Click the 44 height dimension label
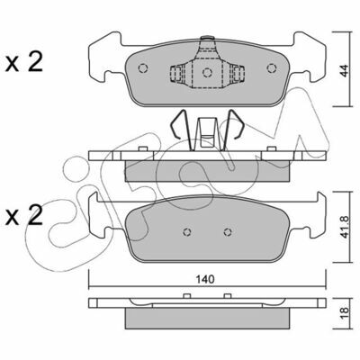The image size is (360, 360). (x=346, y=70)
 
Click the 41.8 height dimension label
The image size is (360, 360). (x=346, y=227)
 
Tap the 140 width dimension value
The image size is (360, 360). (x=205, y=279)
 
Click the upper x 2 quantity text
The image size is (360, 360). (x=24, y=62)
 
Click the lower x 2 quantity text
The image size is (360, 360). (x=24, y=216)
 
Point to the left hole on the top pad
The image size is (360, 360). (x=143, y=68)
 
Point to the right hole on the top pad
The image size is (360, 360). (x=272, y=68)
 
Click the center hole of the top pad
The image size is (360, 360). (x=207, y=73)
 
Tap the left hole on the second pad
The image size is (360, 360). (x=187, y=232)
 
